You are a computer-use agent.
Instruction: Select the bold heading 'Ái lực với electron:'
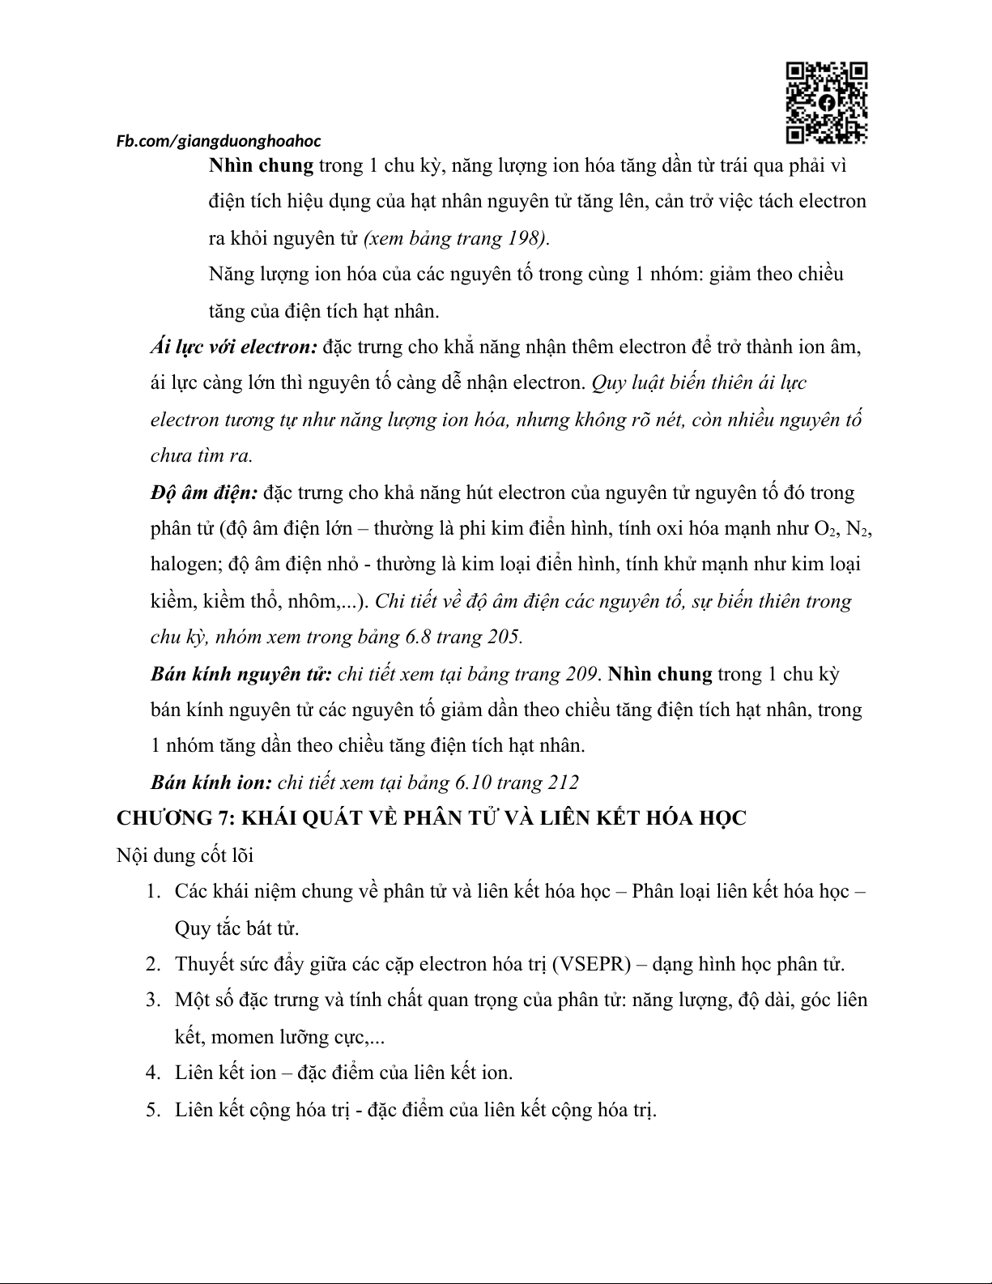point(233,348)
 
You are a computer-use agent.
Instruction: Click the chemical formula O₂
point(825,529)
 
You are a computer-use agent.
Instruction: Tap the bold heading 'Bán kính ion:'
point(211,783)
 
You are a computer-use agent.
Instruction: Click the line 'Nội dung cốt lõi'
point(185,855)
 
